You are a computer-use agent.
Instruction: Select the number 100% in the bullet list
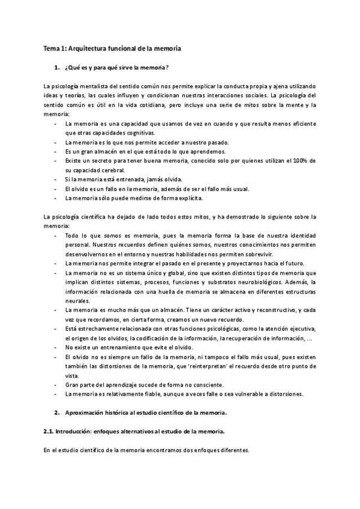click(x=302, y=161)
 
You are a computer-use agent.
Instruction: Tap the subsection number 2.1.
click(x=50, y=432)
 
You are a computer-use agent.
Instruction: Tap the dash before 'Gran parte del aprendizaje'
click(x=56, y=385)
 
